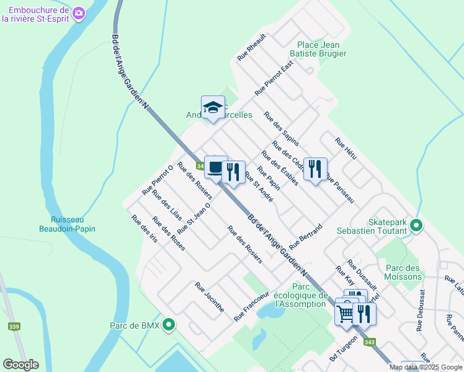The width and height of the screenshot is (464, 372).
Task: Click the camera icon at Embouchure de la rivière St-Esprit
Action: coord(79,12)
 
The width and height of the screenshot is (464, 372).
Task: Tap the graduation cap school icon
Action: coord(213,108)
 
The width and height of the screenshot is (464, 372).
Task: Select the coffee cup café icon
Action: coord(216,167)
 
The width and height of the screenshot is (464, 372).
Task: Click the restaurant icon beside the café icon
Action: coord(233,171)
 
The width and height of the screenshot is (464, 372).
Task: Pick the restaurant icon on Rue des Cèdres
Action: coord(315,169)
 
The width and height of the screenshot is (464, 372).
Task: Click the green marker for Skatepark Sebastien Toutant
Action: coord(416,226)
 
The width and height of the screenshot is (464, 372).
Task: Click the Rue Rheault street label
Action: coord(251,47)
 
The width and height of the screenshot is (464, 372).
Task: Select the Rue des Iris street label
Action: coord(144,229)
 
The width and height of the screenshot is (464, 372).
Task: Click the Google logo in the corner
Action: coord(20,365)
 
